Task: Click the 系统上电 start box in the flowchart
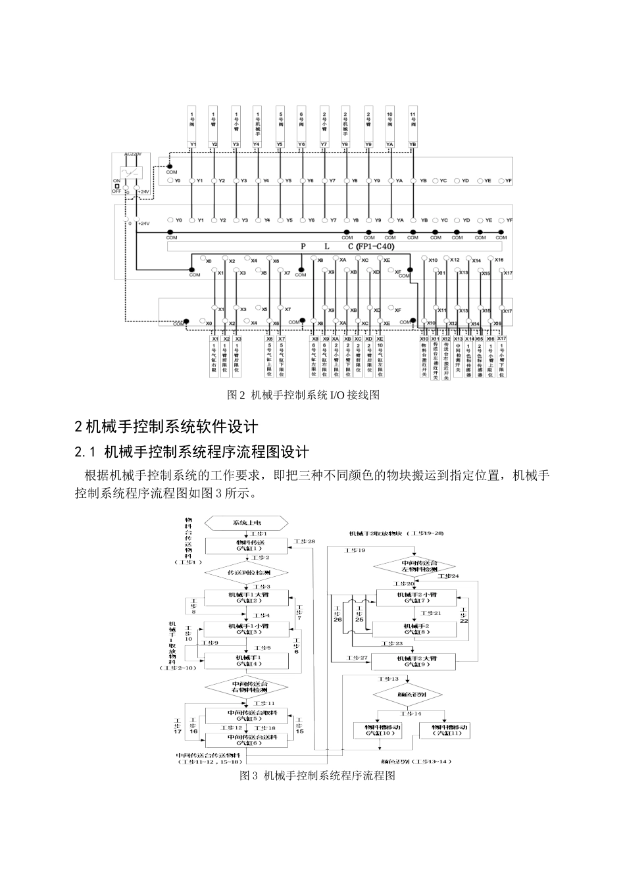pyautogui.click(x=247, y=523)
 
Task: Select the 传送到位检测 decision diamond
pyautogui.click(x=247, y=572)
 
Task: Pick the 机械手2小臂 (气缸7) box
pyautogui.click(x=416, y=597)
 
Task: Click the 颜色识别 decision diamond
pyautogui.click(x=409, y=695)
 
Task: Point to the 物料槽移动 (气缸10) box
pyautogui.click(x=382, y=730)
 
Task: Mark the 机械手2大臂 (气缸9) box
pyautogui.click(x=416, y=661)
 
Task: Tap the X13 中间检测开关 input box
pyautogui.click(x=458, y=358)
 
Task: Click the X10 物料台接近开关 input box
pyautogui.click(x=424, y=358)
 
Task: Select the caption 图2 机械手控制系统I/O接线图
pyautogui.click(x=303, y=395)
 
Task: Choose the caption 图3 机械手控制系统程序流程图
pyautogui.click(x=318, y=775)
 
